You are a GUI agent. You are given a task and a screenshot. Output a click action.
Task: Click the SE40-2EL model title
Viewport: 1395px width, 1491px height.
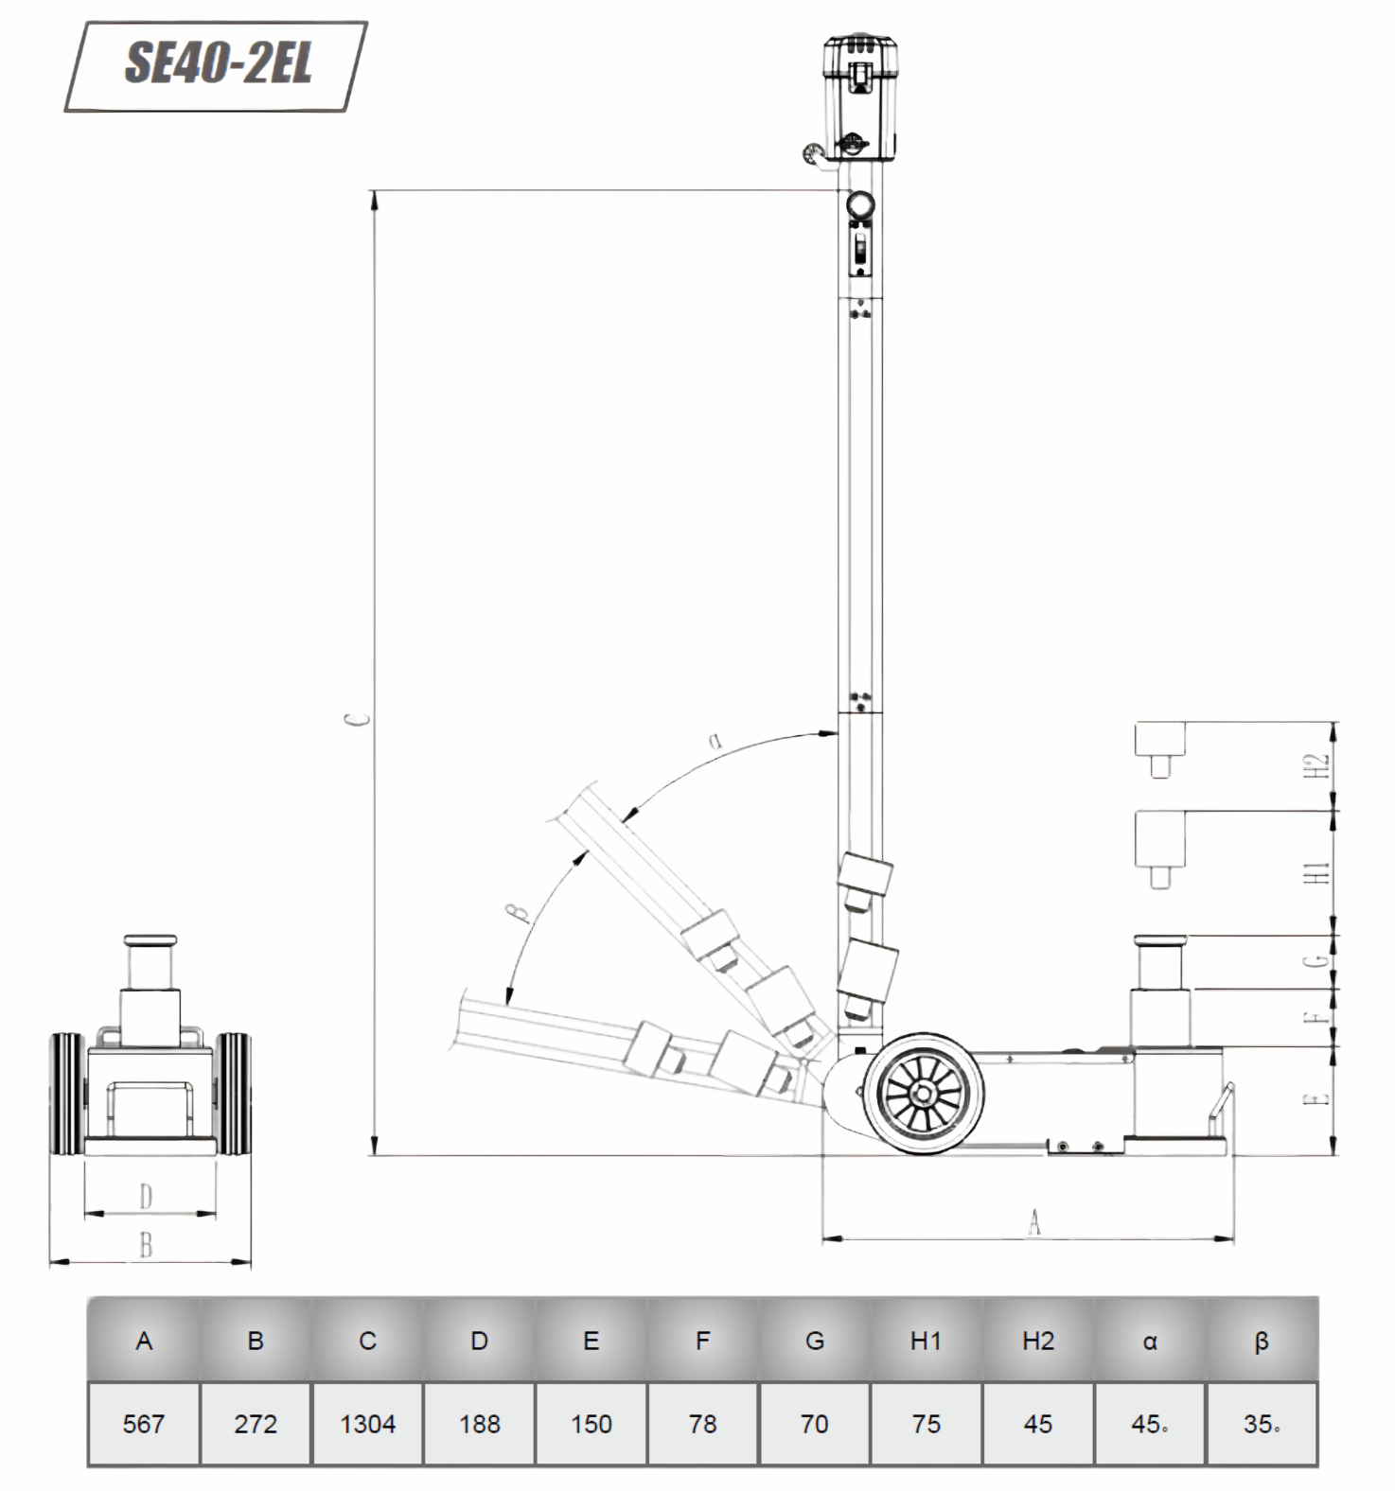(218, 64)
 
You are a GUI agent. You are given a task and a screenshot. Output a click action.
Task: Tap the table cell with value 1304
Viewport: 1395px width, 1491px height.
(368, 1424)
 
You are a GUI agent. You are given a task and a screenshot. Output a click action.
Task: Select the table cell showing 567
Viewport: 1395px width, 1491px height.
(144, 1424)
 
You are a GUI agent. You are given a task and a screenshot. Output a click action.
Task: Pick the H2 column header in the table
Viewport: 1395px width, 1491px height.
(1038, 1341)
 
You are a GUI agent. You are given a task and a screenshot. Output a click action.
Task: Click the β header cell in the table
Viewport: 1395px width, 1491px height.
(1262, 1341)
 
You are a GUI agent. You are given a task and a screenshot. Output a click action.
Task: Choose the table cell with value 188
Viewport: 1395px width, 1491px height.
(480, 1424)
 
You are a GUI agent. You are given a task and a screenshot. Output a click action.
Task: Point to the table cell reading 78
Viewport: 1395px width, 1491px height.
(703, 1424)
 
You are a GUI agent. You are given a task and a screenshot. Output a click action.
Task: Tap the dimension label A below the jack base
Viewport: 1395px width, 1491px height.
(1034, 1221)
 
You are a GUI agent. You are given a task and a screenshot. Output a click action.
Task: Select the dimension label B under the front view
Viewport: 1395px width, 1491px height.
(146, 1246)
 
